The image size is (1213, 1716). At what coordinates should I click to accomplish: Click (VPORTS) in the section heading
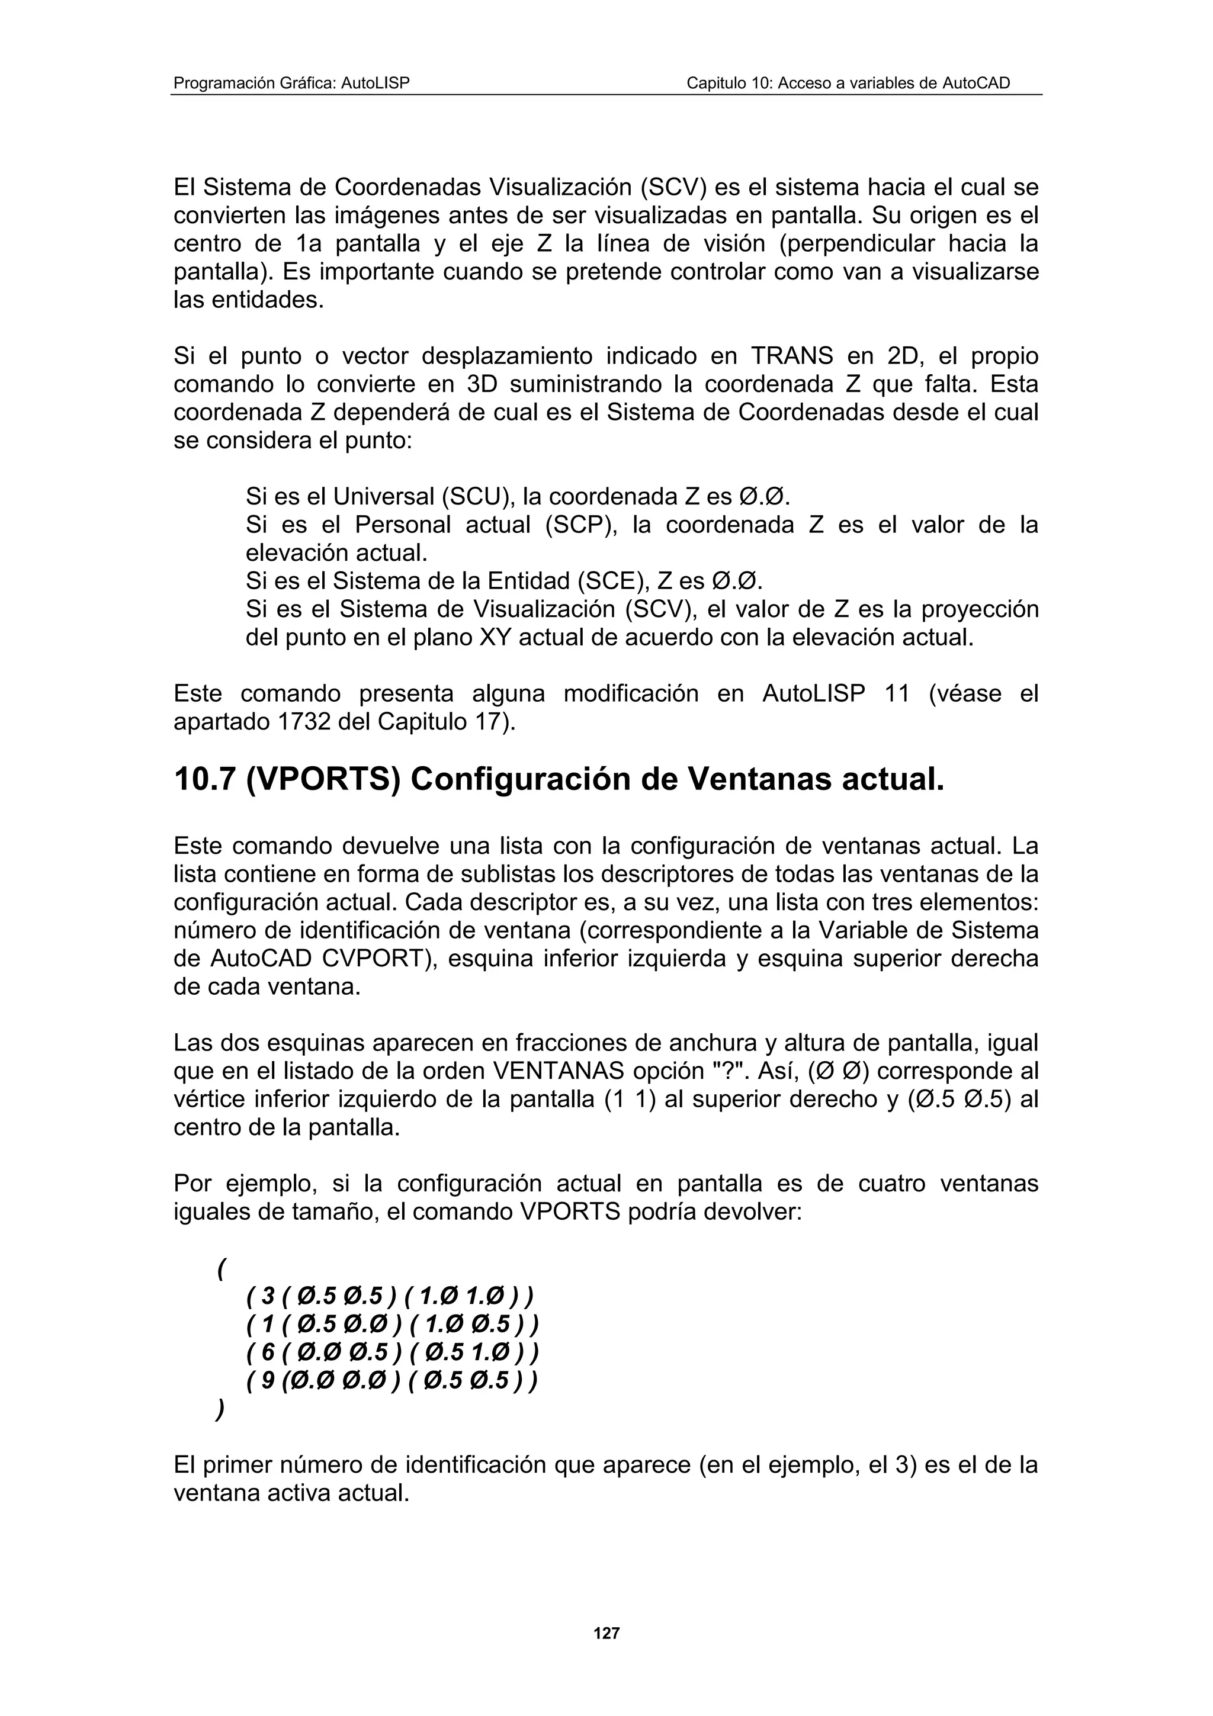(x=323, y=780)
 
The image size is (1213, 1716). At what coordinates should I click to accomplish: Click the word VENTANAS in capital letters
(x=559, y=1072)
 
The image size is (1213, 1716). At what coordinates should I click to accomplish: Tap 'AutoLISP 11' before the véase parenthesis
(x=836, y=695)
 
